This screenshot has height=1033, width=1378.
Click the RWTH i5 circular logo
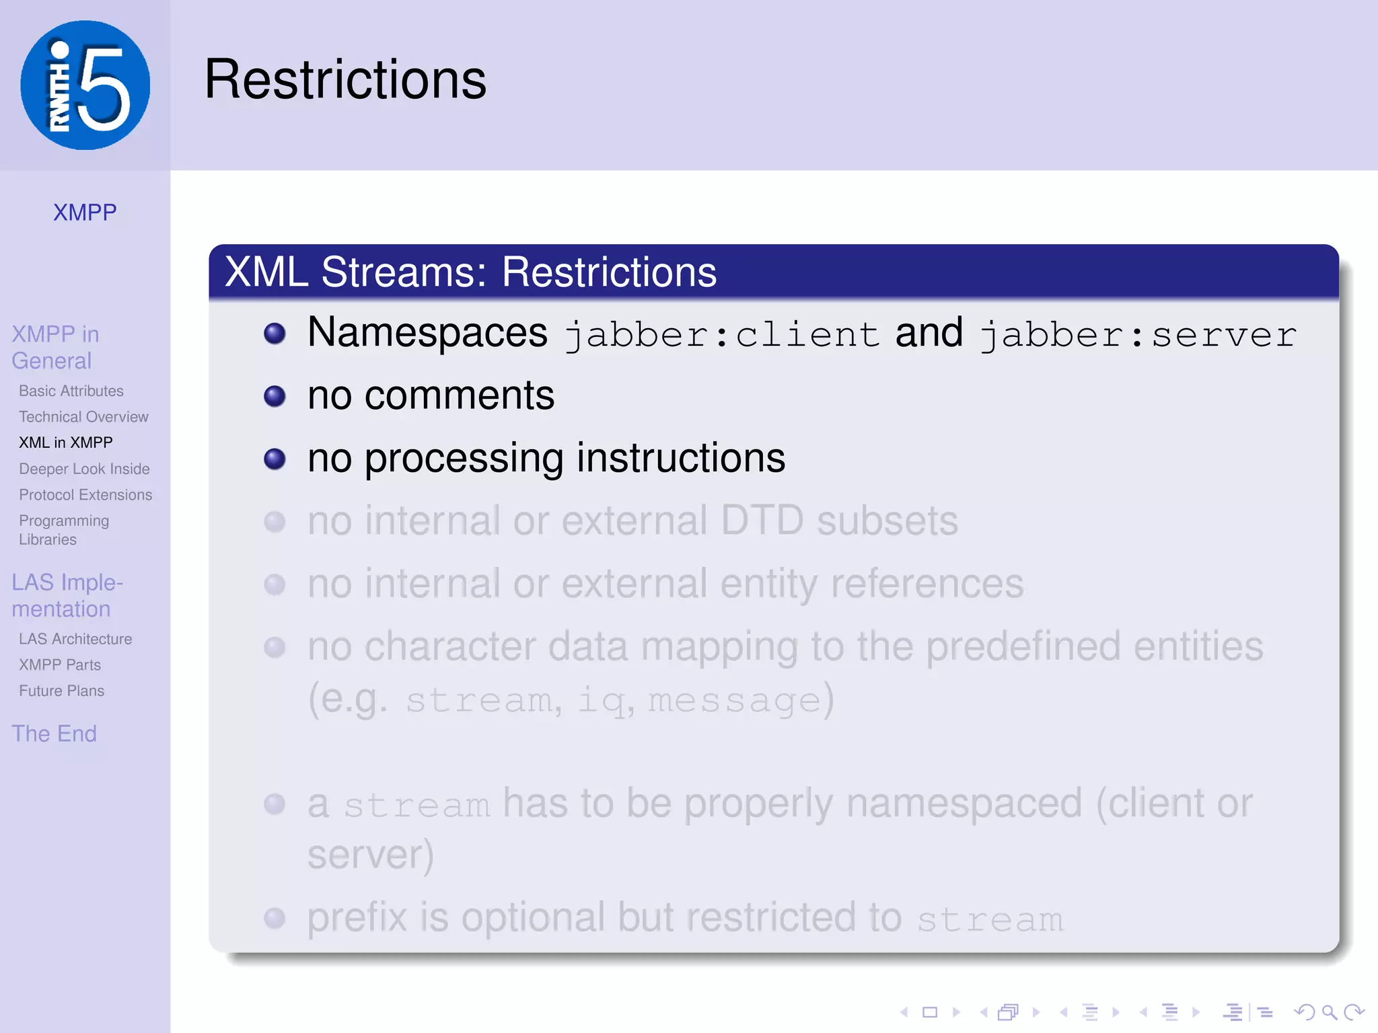tap(85, 85)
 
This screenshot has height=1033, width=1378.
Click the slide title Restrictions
tap(345, 79)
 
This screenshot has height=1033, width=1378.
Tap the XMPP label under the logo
tap(85, 213)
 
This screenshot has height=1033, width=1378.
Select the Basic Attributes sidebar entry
tap(71, 391)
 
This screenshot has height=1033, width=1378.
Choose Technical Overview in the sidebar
tap(83, 417)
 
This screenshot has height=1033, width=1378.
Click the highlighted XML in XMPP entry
tap(66, 443)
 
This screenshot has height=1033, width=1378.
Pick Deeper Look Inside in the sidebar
tap(84, 469)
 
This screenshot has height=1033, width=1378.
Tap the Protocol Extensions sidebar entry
tap(85, 495)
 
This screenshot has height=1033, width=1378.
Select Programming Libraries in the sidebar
tap(64, 530)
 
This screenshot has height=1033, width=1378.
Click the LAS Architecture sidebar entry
tap(75, 639)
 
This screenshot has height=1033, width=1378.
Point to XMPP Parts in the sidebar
tap(60, 665)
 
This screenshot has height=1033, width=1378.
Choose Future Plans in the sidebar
tap(61, 691)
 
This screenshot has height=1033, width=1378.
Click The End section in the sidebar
tap(54, 734)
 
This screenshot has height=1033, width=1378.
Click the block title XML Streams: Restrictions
tap(470, 272)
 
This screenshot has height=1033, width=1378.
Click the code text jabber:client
tap(722, 334)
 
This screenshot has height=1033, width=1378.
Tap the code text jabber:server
tap(1138, 334)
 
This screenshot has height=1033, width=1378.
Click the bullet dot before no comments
tap(275, 396)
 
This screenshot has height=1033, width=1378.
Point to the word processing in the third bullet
tap(464, 459)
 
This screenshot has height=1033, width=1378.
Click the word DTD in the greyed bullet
tap(762, 521)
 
